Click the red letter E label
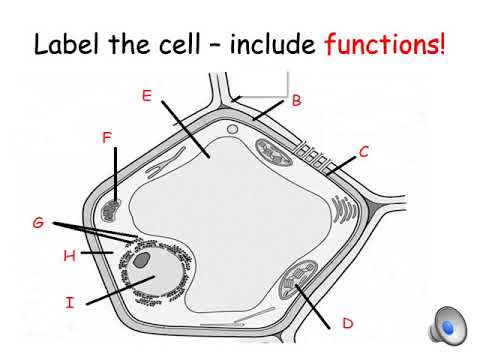(146, 96)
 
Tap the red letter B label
(296, 100)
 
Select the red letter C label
(364, 152)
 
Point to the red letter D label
(348, 322)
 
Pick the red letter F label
(107, 137)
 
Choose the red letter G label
(38, 222)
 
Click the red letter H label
(69, 256)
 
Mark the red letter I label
(70, 300)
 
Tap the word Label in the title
(71, 45)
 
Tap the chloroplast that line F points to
(111, 210)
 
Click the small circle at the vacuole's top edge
(232, 129)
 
